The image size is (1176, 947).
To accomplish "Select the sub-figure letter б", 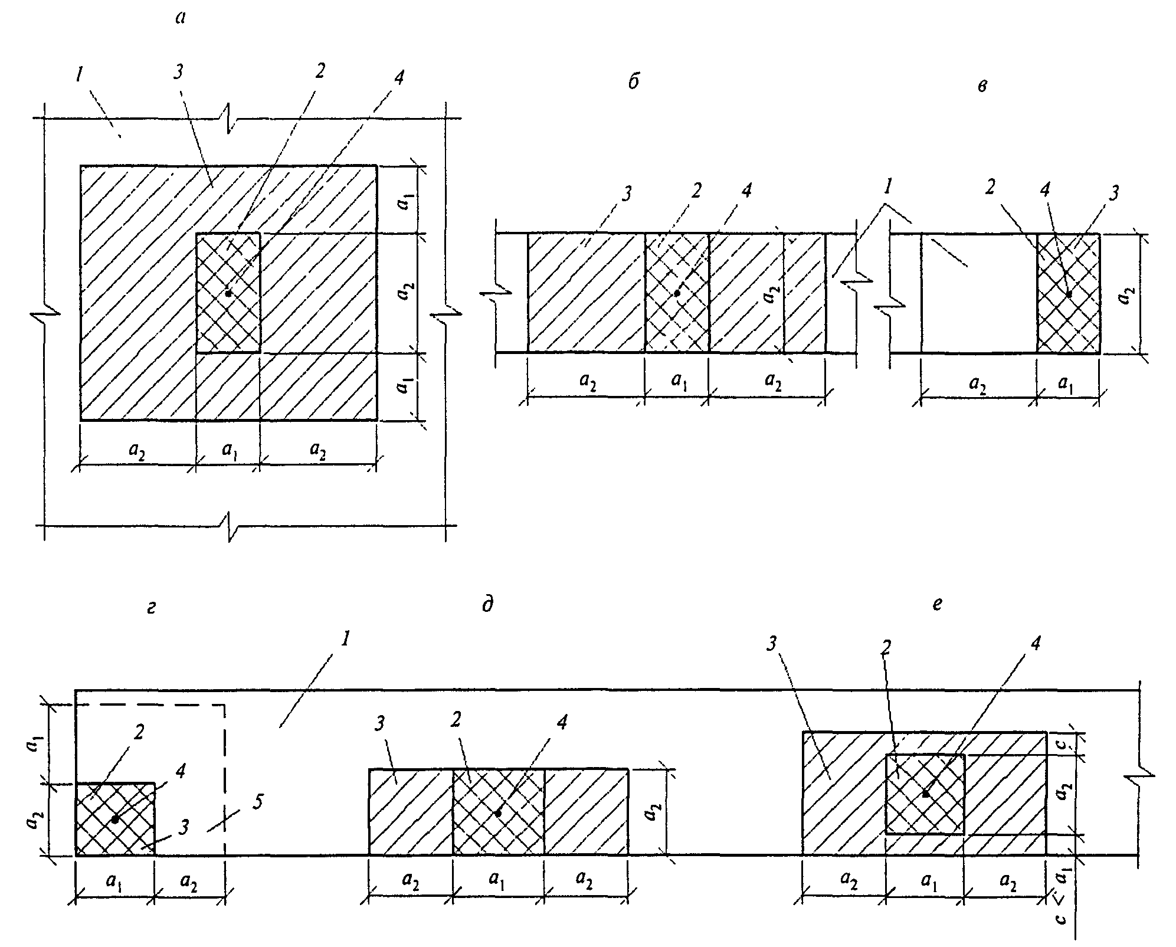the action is [633, 82].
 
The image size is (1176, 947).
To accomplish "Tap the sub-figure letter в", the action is [982, 86].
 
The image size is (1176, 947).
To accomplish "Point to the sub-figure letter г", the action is [152, 608].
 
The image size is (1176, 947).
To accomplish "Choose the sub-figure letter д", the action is [487, 606].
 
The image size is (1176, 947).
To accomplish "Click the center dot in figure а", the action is [228, 293].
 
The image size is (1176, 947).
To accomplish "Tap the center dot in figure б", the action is [677, 293].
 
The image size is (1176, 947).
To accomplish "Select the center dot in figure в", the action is [1069, 294].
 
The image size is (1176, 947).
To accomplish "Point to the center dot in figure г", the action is [115, 820].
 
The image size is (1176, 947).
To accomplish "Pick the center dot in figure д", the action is [498, 813].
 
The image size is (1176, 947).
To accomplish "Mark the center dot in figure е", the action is [925, 794].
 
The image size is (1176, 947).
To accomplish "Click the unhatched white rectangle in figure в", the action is [979, 294].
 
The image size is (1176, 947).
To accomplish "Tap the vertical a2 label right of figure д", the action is [651, 812].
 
